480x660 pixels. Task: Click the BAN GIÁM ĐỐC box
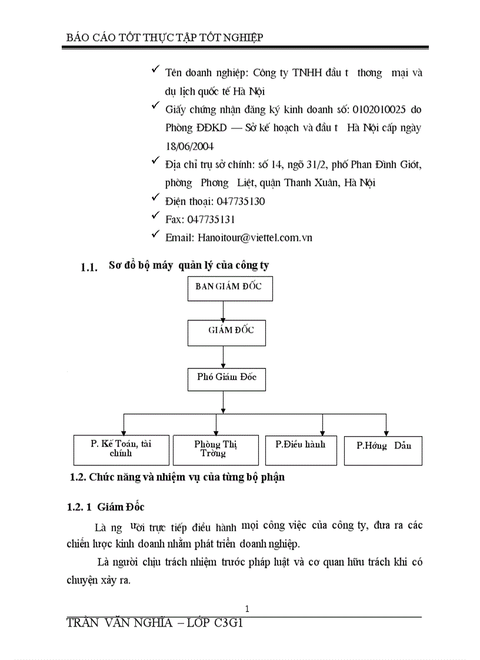230,288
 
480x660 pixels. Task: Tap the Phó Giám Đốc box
226,379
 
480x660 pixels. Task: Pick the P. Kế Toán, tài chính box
121,450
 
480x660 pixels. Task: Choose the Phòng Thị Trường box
216,450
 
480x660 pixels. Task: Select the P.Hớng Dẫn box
383,450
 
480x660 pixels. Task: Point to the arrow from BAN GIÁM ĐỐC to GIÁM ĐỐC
224,310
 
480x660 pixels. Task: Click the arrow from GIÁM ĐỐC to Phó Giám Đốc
224,356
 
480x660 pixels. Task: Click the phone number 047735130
241,201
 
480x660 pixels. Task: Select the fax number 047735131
211,219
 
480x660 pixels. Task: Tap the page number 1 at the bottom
247,609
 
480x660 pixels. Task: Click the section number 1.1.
88,268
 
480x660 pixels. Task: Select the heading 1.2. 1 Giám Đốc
105,507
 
